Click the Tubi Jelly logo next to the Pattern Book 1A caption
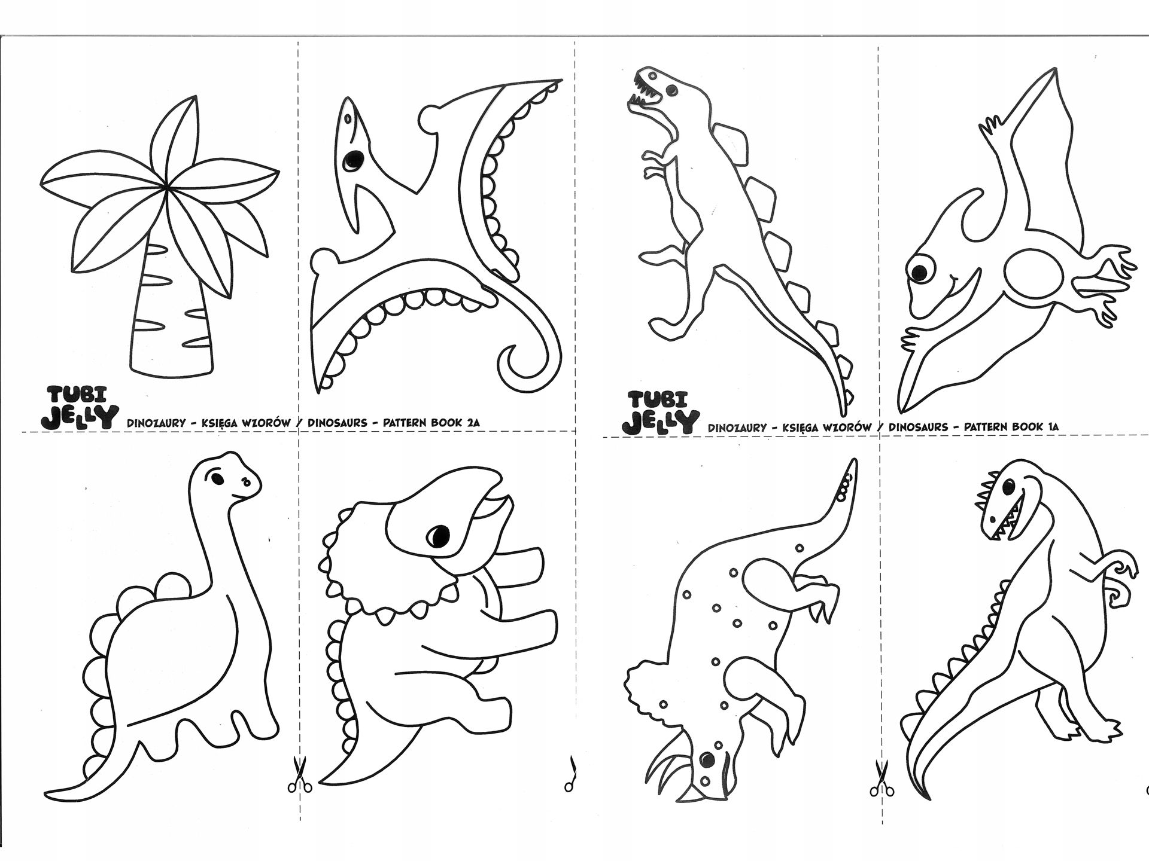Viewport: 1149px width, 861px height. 659,412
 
